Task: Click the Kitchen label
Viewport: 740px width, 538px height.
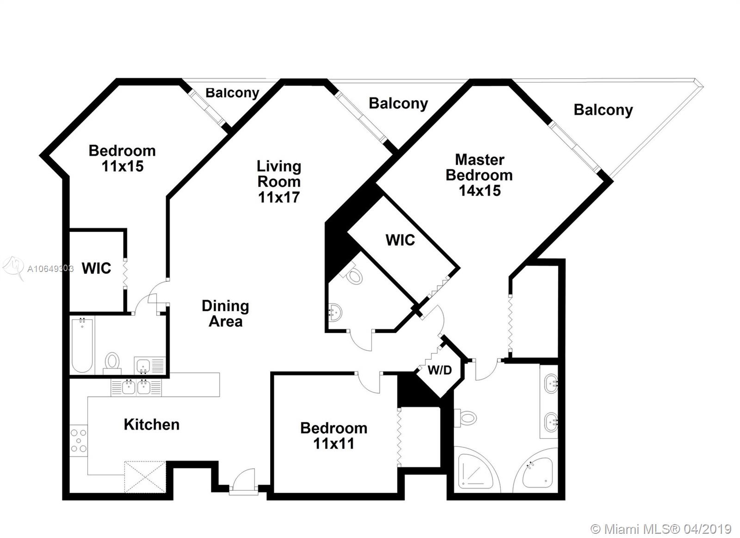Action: tap(152, 425)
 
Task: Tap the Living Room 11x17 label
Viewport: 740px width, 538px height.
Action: tap(279, 182)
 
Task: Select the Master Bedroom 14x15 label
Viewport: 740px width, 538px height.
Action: tap(479, 175)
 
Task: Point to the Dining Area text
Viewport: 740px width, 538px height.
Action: tap(226, 314)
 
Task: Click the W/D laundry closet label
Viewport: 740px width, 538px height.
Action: tap(440, 370)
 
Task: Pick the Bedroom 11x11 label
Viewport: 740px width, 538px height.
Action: tap(333, 436)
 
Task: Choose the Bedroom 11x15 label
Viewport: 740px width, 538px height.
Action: tap(122, 159)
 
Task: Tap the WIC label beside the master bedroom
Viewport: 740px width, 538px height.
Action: tap(401, 240)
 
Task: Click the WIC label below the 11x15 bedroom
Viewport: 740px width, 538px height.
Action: tap(97, 268)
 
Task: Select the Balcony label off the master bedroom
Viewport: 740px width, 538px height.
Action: tap(603, 110)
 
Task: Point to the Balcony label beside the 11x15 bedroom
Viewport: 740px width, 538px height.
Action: tap(232, 93)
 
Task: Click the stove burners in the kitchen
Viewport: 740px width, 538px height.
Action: tap(79, 440)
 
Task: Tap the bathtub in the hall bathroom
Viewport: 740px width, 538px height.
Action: tap(82, 345)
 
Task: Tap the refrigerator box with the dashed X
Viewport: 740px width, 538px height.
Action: tap(145, 477)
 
